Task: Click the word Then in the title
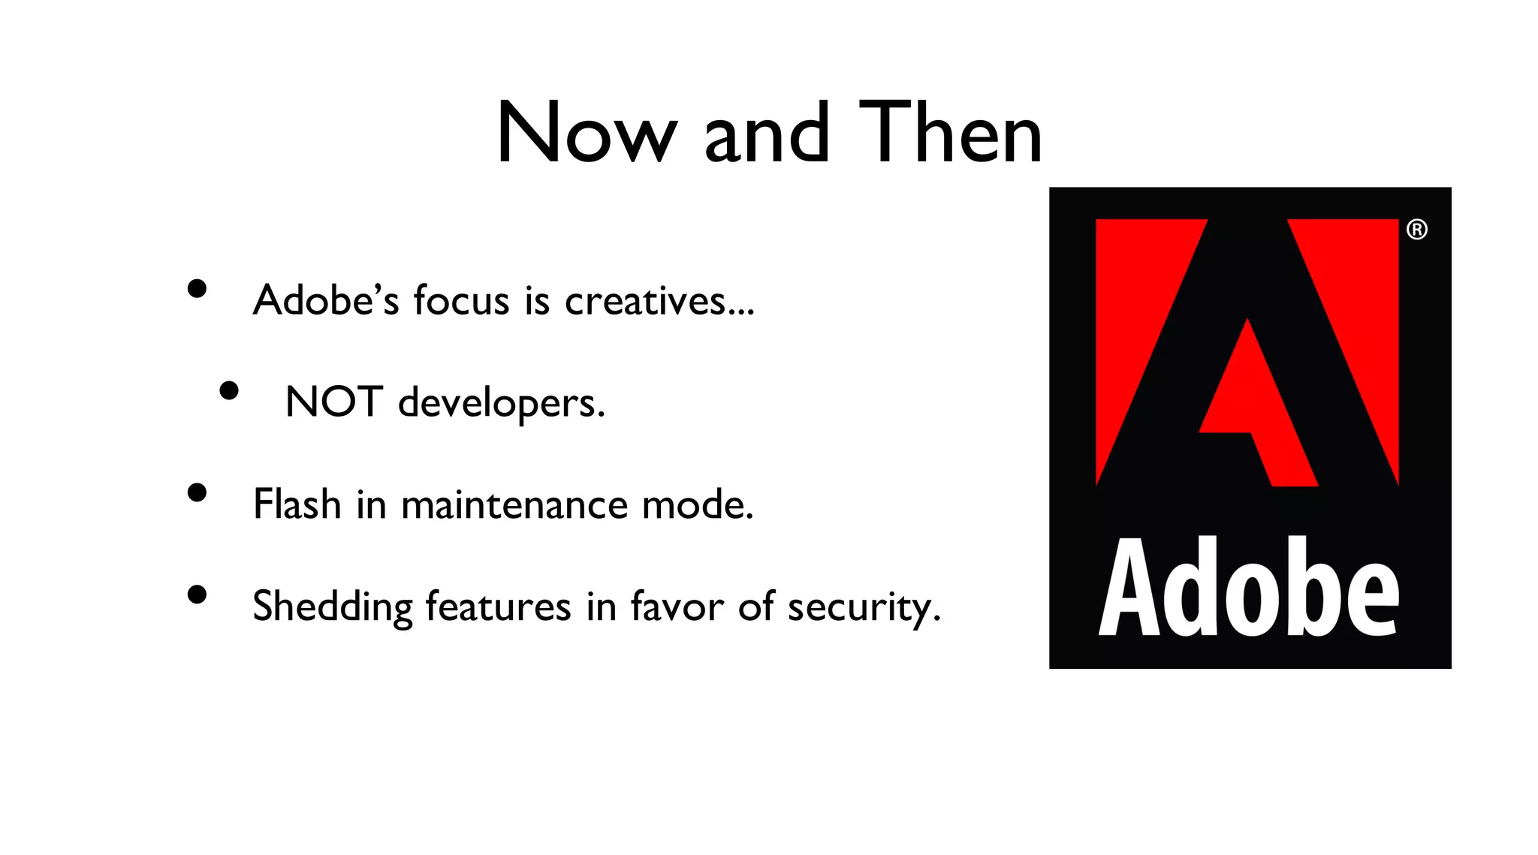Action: pos(950,134)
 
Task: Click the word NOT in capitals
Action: pos(334,402)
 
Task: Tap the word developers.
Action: pos(501,404)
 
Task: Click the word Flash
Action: pos(297,504)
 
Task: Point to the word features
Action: pos(498,607)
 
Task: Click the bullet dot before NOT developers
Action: pos(229,391)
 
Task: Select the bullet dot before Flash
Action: pos(197,493)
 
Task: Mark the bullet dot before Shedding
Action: pos(197,595)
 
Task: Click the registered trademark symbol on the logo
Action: pos(1416,230)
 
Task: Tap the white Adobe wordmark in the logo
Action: pos(1249,589)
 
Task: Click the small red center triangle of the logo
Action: pos(1254,405)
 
